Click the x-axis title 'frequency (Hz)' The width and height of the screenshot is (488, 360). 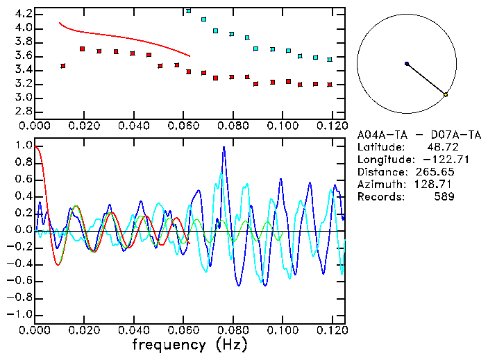[x=190, y=344]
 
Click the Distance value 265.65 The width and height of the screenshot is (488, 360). [x=435, y=171]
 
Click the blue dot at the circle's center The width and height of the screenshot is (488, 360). [x=407, y=64]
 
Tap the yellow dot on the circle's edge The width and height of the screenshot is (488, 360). [x=446, y=94]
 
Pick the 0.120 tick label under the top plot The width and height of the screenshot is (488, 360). [x=331, y=126]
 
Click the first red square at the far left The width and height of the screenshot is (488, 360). [x=63, y=66]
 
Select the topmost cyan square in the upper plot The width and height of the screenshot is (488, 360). [x=188, y=11]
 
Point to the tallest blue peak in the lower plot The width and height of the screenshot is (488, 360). [x=224, y=147]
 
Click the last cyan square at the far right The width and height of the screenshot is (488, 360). [x=330, y=60]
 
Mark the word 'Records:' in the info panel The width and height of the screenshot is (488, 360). [x=380, y=196]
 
